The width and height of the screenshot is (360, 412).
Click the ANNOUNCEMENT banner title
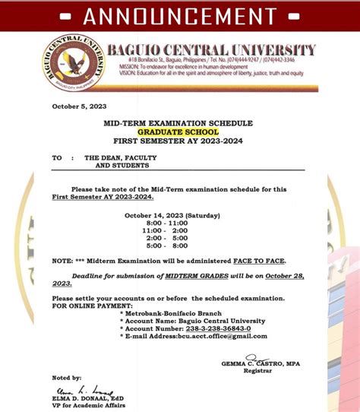pyautogui.click(x=179, y=15)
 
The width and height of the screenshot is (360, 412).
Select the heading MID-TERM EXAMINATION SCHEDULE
pyautogui.click(x=178, y=123)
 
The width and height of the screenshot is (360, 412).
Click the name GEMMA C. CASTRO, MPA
pyautogui.click(x=261, y=364)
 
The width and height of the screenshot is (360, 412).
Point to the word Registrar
pyautogui.click(x=257, y=371)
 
